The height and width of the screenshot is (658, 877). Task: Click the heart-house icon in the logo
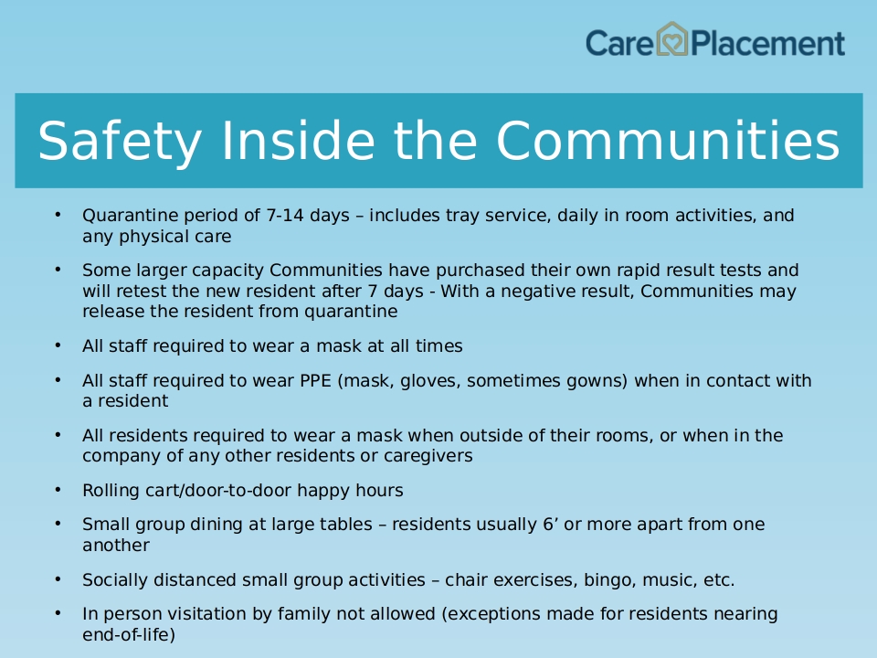pyautogui.click(x=671, y=39)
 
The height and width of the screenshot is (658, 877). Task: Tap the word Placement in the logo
pyautogui.click(x=768, y=44)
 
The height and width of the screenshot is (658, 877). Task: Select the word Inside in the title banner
pyautogui.click(x=298, y=141)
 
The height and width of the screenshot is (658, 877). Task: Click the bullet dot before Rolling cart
pyautogui.click(x=58, y=490)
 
